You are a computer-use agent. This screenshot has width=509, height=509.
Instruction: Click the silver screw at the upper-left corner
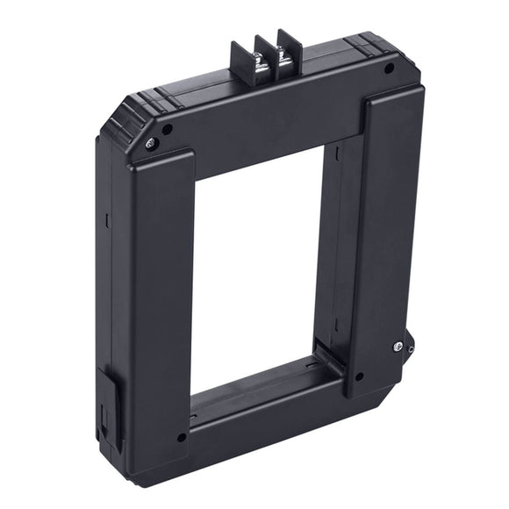point(151,143)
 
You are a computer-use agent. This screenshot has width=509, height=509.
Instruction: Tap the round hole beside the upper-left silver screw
point(167,130)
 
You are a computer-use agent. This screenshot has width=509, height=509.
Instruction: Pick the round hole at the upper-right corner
point(388,68)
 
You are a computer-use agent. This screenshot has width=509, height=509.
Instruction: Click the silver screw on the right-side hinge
point(398,347)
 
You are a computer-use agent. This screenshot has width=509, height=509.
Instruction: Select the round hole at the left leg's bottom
point(181,436)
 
